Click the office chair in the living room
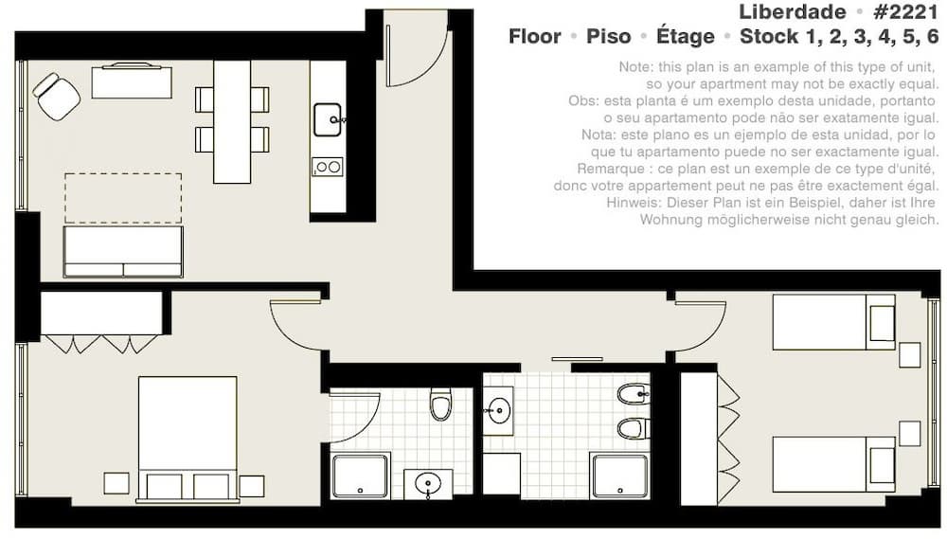click(x=56, y=97)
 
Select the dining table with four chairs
click(x=232, y=121)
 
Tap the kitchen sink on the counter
click(x=328, y=119)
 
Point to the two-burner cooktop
click(x=328, y=166)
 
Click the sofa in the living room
click(x=123, y=251)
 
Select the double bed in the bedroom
click(x=188, y=440)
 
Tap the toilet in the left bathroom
click(x=441, y=404)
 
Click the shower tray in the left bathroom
click(x=360, y=476)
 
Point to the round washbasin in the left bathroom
click(x=428, y=483)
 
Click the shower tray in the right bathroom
click(x=619, y=476)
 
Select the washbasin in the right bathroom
click(x=498, y=411)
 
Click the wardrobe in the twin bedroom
click(x=709, y=440)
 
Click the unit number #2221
click(x=905, y=11)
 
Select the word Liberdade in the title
click(x=793, y=11)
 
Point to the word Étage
click(x=686, y=36)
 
